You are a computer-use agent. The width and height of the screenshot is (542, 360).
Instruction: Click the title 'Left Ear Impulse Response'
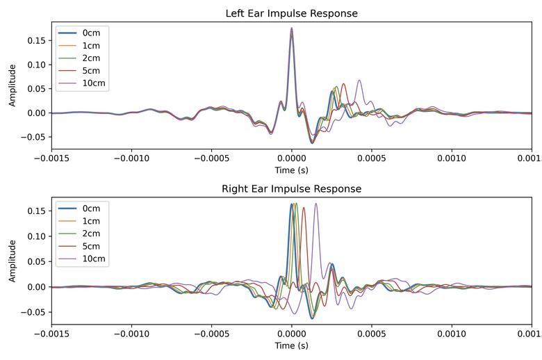[291, 14]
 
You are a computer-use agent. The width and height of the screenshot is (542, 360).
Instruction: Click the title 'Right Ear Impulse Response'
[291, 188]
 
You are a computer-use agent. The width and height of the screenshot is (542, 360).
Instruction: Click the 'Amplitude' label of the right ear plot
[12, 261]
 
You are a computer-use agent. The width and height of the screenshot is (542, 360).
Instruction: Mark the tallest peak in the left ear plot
[291, 28]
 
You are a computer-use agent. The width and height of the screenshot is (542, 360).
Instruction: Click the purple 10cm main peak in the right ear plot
[316, 204]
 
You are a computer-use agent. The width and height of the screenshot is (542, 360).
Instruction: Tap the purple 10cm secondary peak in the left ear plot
[359, 81]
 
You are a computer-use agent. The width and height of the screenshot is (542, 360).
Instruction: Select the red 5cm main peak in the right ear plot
[304, 208]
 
